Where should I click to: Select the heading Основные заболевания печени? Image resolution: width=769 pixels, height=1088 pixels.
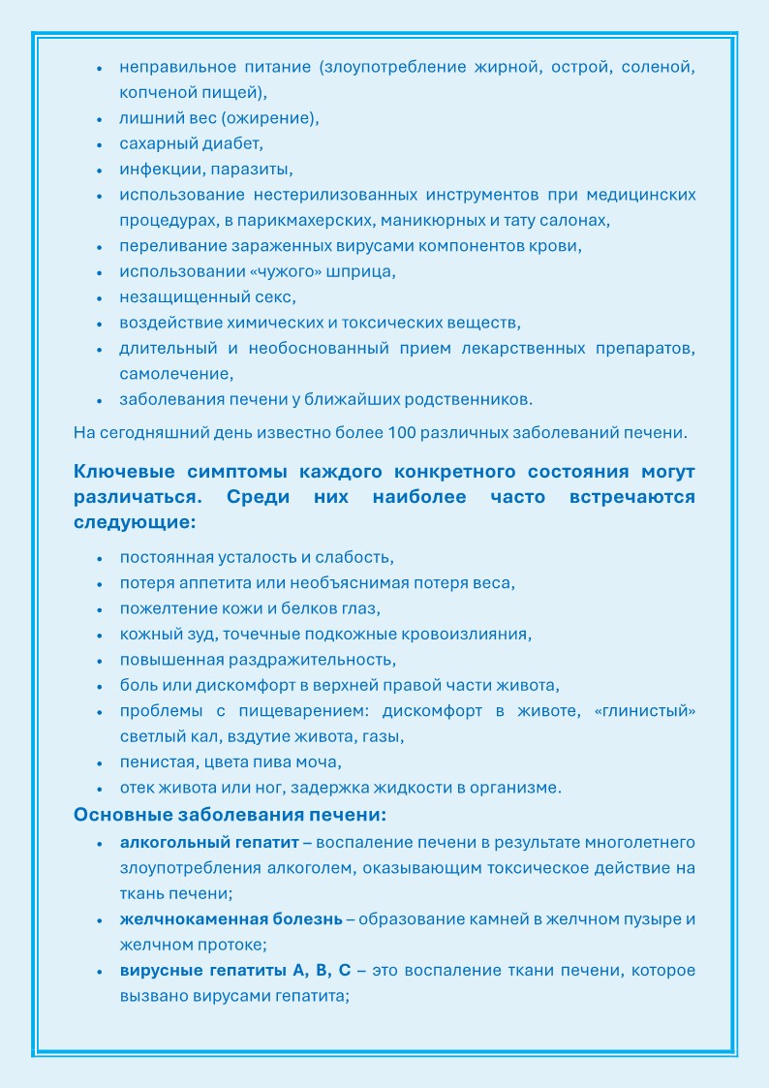point(231,815)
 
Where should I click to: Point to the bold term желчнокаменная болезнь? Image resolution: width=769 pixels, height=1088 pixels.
point(231,918)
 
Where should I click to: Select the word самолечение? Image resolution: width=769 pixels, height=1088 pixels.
point(176,373)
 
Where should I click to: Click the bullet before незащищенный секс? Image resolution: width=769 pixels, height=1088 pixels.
point(100,297)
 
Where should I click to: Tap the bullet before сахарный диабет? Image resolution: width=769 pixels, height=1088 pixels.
point(100,145)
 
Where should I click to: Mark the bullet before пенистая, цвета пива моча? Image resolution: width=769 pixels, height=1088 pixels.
point(100,762)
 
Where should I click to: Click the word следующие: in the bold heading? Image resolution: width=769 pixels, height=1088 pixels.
point(135,522)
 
